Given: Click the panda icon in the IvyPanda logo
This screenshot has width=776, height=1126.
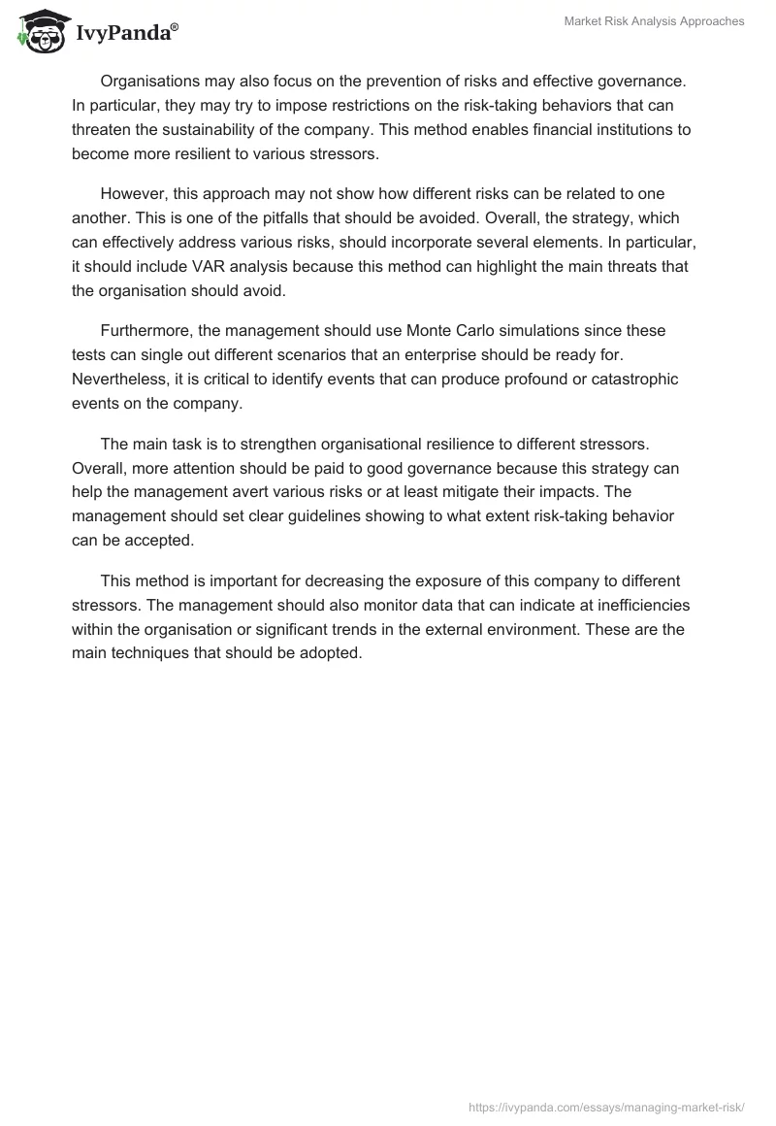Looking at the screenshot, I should (x=38, y=32).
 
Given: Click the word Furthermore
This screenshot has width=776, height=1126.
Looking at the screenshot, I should (x=146, y=331).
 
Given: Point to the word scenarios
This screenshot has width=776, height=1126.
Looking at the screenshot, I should (x=312, y=355).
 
